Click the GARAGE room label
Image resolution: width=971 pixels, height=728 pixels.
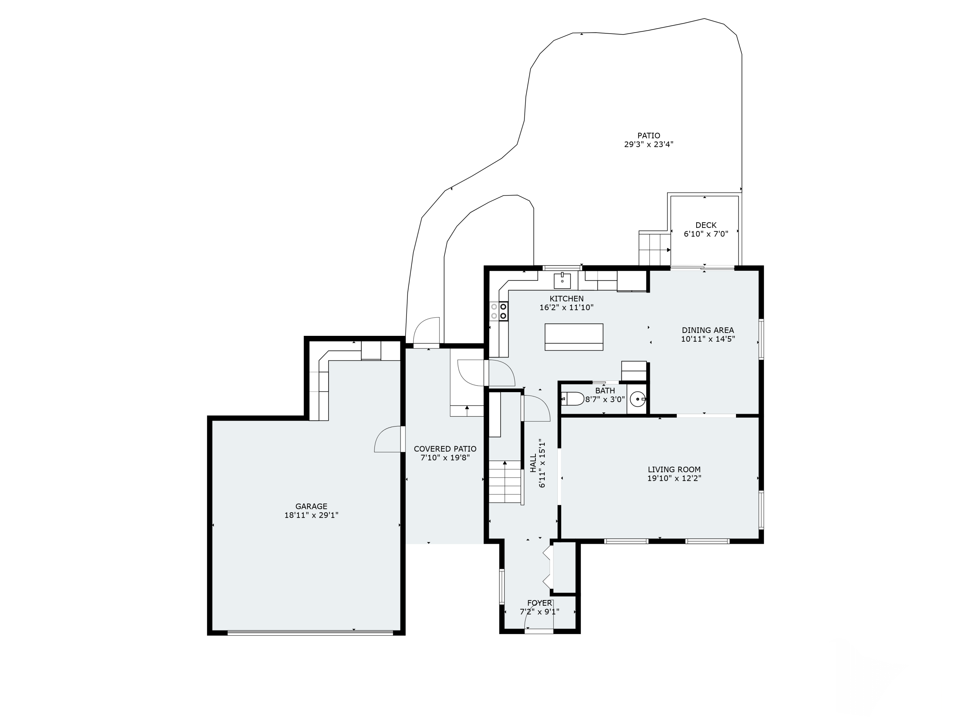tap(311, 506)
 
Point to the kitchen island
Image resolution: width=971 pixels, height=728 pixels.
tap(574, 337)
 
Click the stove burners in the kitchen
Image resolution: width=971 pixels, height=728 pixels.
tap(499, 311)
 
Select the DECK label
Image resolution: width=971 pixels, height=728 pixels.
tap(706, 225)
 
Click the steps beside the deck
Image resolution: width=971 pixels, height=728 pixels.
tap(654, 249)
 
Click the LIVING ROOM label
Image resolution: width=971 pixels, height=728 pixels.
tap(674, 469)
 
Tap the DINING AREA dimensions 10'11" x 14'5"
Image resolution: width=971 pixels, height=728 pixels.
tap(708, 339)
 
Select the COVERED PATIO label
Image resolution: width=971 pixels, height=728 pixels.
tap(445, 449)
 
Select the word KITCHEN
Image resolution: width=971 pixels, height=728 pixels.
tap(566, 299)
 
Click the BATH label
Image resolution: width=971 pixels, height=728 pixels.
tap(605, 391)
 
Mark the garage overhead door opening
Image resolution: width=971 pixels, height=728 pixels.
tap(310, 633)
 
